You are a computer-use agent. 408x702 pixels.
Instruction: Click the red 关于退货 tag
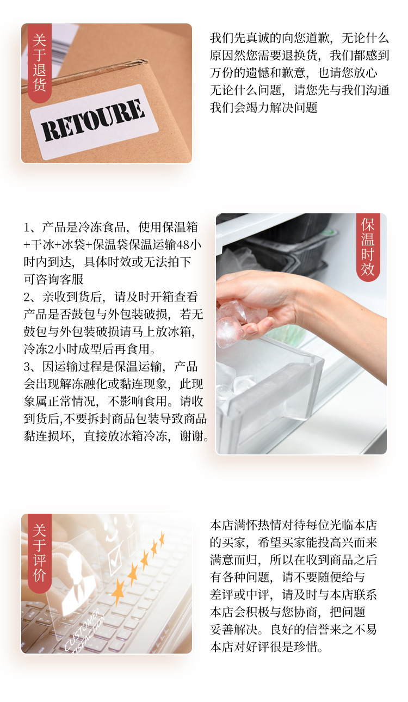[x=39, y=63]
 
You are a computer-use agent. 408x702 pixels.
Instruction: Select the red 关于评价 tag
[x=39, y=553]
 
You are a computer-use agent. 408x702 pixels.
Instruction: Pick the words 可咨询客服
[x=54, y=279]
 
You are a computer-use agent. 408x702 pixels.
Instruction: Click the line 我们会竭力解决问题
[x=263, y=107]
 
